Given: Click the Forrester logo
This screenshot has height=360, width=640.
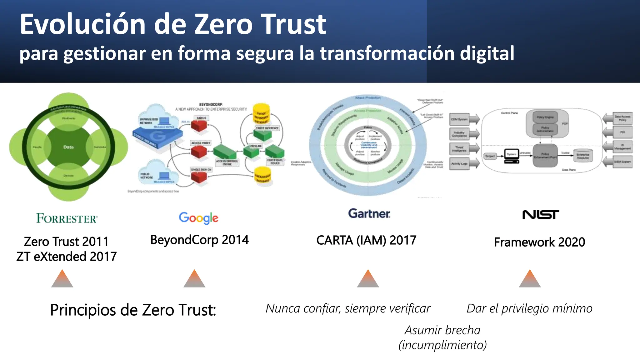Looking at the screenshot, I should [67, 218].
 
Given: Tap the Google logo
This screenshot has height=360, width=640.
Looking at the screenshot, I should [198, 218].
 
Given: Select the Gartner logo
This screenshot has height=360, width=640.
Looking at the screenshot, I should [369, 214].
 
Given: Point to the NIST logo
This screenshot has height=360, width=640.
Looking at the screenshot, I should [541, 215].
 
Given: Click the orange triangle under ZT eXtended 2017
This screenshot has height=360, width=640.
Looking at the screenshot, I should [62, 279].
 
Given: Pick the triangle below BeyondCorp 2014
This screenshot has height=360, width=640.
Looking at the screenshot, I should [194, 279].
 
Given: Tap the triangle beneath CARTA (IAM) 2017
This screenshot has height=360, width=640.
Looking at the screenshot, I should [368, 279].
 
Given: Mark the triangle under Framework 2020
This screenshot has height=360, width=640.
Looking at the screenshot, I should [530, 279].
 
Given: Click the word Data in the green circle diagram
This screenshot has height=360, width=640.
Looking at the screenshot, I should [68, 147].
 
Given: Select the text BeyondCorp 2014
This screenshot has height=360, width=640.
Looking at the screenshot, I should [199, 240].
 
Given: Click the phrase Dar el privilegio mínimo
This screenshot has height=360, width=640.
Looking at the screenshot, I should [529, 308].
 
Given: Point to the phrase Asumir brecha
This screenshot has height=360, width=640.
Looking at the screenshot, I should [442, 330].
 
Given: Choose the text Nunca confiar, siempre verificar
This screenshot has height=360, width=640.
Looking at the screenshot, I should [348, 308].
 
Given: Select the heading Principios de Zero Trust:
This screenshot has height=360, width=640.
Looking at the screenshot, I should [133, 310].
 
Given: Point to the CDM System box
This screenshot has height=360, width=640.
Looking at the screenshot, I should [459, 119].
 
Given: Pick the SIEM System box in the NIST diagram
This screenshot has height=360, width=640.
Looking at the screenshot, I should [622, 162].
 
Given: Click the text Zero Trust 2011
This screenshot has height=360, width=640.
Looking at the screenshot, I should [66, 242].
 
